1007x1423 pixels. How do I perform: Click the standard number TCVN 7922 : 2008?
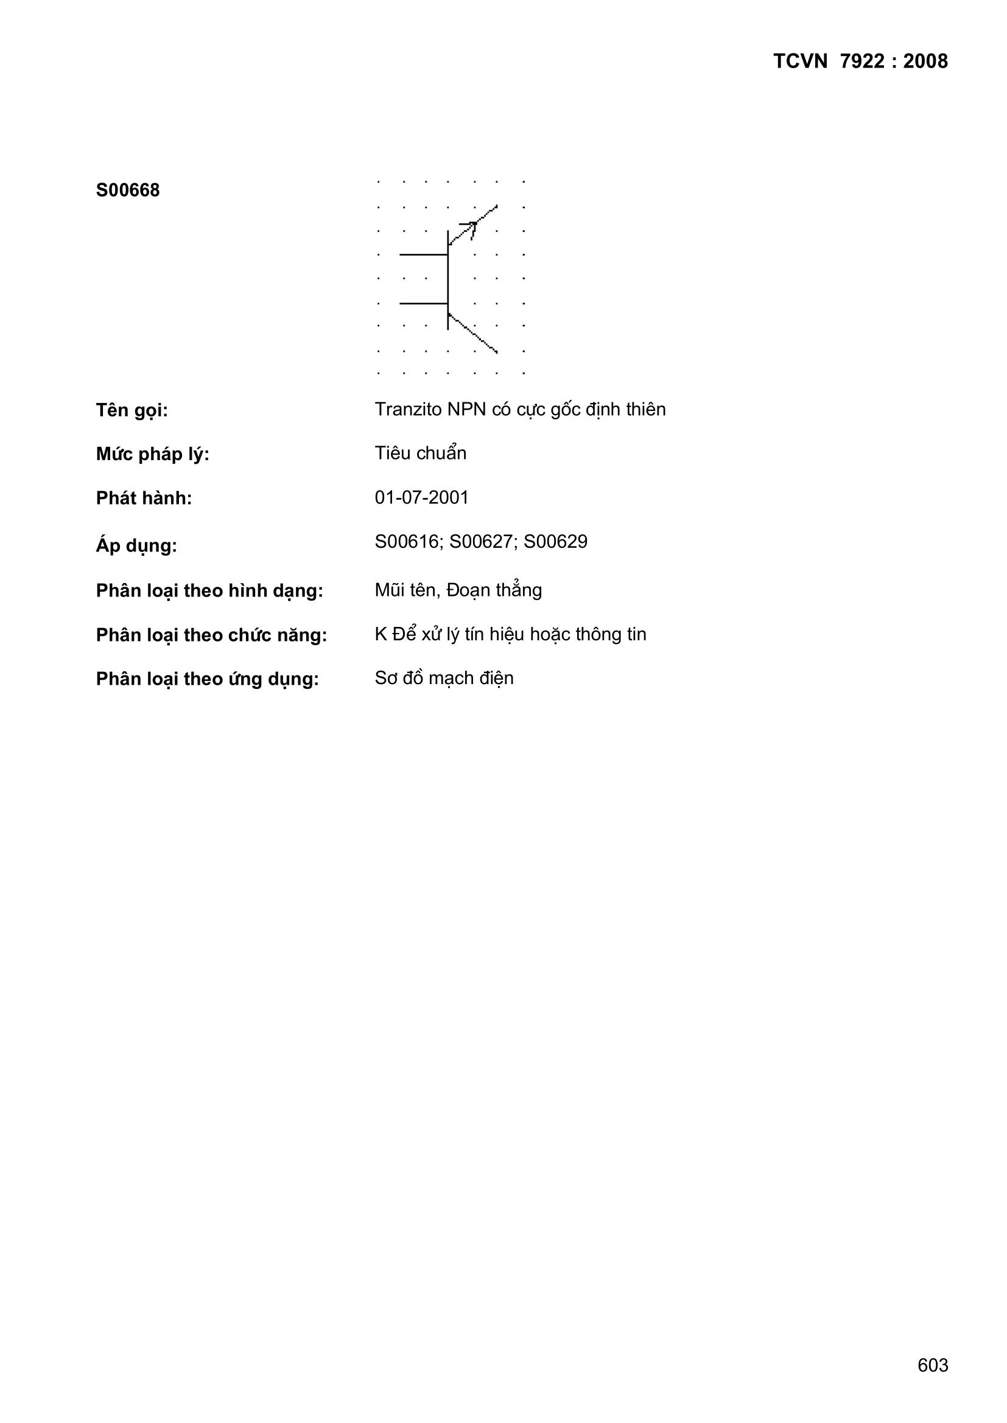(x=860, y=61)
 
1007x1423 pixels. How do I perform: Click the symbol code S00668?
(x=128, y=191)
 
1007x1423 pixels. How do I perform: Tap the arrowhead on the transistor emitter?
(x=471, y=226)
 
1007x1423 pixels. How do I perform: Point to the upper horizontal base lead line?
(x=424, y=254)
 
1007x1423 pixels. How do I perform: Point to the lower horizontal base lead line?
(x=424, y=304)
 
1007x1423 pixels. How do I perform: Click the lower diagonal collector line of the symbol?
(x=473, y=334)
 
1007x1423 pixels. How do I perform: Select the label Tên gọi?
(x=132, y=410)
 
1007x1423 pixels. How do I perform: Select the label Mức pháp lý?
(x=153, y=454)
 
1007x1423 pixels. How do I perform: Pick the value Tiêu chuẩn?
(x=421, y=453)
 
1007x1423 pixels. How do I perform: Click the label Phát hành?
(x=144, y=498)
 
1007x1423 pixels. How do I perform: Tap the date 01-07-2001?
(x=422, y=498)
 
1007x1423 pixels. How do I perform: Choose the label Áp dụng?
(x=136, y=546)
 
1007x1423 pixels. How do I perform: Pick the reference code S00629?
(x=556, y=542)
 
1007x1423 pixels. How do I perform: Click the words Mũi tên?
(x=405, y=590)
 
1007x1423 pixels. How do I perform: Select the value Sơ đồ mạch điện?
(x=444, y=679)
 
